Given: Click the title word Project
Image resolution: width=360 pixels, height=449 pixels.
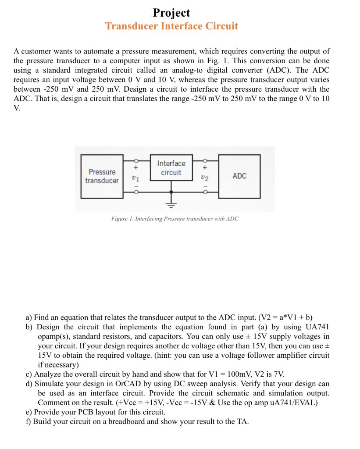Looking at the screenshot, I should pos(171,13).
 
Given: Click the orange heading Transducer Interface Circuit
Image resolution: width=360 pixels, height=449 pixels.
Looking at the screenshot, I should pos(171,26).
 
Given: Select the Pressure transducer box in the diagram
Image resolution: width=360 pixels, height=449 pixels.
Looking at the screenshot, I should pos(102,176).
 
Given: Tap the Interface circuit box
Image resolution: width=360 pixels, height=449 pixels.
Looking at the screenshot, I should pos(171,168).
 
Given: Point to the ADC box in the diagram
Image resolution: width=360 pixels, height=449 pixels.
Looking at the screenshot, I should pos(239,176).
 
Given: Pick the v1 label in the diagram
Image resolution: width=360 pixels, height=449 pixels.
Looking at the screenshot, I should pos(135,178).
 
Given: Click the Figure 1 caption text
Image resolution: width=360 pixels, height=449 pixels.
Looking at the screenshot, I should pos(175,218).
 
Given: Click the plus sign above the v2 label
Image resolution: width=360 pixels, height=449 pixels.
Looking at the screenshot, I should pos(204,167).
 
